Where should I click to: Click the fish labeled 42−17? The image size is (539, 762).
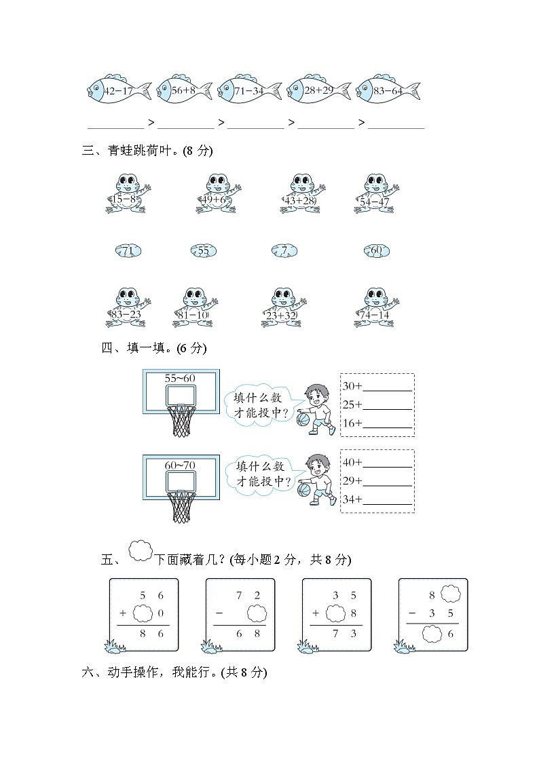coord(119,90)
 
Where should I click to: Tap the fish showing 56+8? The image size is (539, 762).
coord(185,90)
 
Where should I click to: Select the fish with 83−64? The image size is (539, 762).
coord(388,90)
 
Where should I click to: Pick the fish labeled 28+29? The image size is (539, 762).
coord(318,90)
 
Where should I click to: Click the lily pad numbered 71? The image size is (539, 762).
coord(128,251)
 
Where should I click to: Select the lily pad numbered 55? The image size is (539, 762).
coord(204,251)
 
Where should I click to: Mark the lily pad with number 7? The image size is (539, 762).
coord(284,251)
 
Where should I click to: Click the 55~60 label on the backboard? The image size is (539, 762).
coord(180,377)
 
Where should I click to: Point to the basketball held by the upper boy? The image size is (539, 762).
coord(303,419)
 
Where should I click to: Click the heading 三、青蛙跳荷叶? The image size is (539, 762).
coord(147,151)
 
